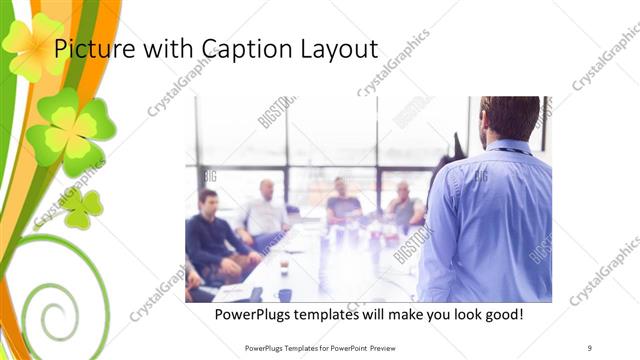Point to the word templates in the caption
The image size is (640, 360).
[x=346, y=315]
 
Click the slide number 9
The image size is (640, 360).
[x=590, y=348]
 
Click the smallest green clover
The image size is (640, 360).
[x=82, y=207]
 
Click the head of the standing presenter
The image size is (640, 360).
[x=510, y=118]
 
